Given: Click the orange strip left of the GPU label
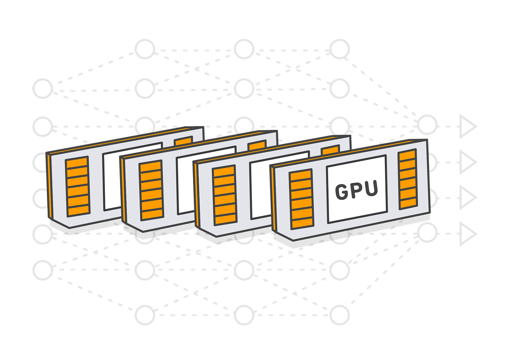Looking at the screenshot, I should pos(301,199).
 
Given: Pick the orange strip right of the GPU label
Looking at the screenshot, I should pos(408,179).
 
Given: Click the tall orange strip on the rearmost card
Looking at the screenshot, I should pos(77,186).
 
